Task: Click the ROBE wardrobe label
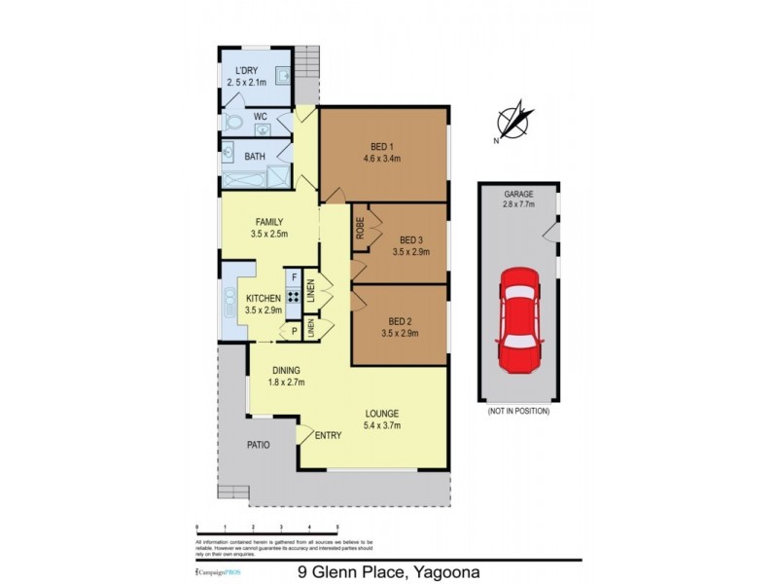point(359,228)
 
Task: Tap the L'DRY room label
point(245,71)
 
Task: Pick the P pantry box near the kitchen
point(292,332)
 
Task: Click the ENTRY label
point(328,435)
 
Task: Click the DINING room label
point(286,370)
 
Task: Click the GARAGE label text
point(517,194)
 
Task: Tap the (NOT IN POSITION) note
point(517,412)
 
